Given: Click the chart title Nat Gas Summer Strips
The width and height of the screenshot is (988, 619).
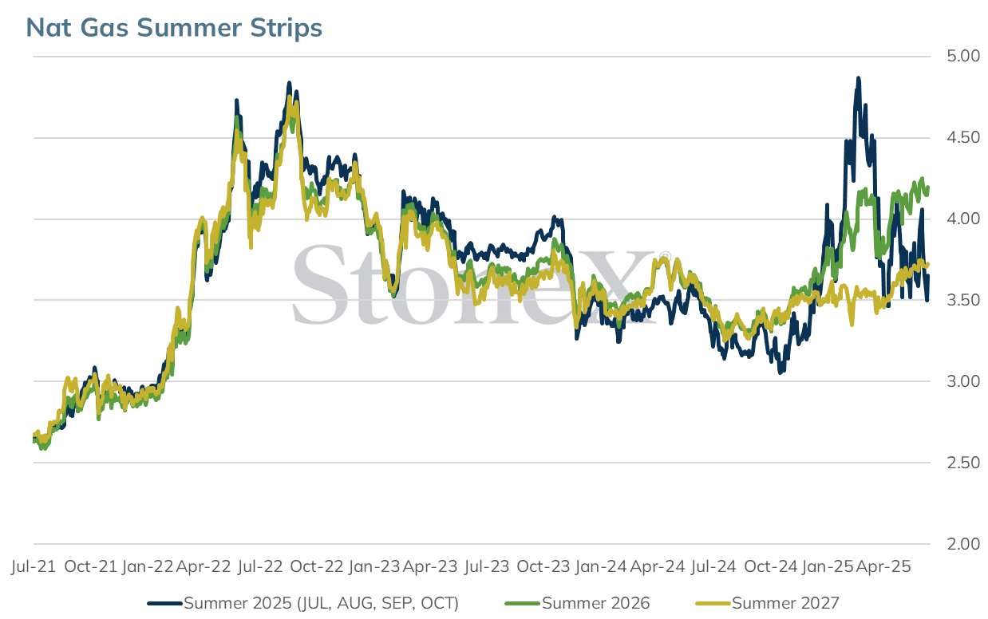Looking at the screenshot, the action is point(174,27).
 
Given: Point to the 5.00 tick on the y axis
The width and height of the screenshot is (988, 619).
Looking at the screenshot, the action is point(963,57).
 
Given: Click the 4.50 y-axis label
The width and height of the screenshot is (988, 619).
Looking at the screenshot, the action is point(963,137).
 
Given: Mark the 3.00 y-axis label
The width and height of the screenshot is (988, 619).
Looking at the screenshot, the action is point(963,381).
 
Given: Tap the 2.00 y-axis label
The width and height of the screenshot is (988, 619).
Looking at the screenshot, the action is point(963,544).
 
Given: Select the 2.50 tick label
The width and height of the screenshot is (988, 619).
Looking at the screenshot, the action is point(963,463).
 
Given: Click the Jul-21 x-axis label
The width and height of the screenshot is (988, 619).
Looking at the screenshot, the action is point(34,566).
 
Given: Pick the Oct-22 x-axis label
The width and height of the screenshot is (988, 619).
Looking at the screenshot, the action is point(316,566).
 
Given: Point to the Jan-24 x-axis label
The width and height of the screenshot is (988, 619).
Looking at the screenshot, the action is point(601,566).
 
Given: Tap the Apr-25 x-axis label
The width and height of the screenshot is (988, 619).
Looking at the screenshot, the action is point(883,566).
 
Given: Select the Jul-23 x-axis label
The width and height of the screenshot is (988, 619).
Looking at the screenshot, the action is point(487,566).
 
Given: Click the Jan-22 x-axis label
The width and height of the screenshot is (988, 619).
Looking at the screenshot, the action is point(148,566).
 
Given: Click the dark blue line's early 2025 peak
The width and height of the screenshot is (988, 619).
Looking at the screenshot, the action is point(859,78).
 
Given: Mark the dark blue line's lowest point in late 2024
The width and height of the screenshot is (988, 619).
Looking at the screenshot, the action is point(781,373).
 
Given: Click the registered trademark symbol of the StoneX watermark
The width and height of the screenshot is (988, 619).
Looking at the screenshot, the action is point(665,257).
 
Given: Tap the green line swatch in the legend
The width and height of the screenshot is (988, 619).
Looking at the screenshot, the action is point(522,604).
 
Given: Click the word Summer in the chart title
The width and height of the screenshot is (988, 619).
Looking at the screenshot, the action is point(189,27).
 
